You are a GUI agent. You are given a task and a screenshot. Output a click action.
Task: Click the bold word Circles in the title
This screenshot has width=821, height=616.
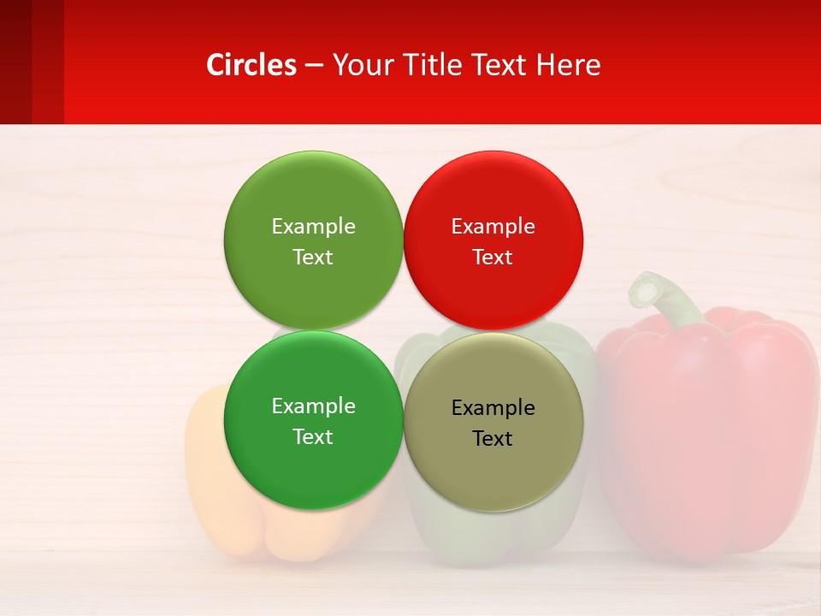click(x=251, y=65)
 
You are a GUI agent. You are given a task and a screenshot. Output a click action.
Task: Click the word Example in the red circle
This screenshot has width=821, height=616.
click(x=493, y=227)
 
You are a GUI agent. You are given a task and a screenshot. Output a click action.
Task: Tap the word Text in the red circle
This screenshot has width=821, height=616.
click(x=493, y=258)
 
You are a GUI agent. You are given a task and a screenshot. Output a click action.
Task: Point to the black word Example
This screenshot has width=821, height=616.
click(x=493, y=408)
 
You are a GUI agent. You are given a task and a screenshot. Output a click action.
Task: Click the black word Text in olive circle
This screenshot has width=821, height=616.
click(x=493, y=439)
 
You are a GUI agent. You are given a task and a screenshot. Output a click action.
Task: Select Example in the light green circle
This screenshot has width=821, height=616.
click(x=313, y=227)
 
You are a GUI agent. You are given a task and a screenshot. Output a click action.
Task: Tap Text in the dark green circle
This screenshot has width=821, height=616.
click(x=313, y=437)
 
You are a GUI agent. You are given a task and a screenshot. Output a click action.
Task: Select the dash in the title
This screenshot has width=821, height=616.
click(x=314, y=65)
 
